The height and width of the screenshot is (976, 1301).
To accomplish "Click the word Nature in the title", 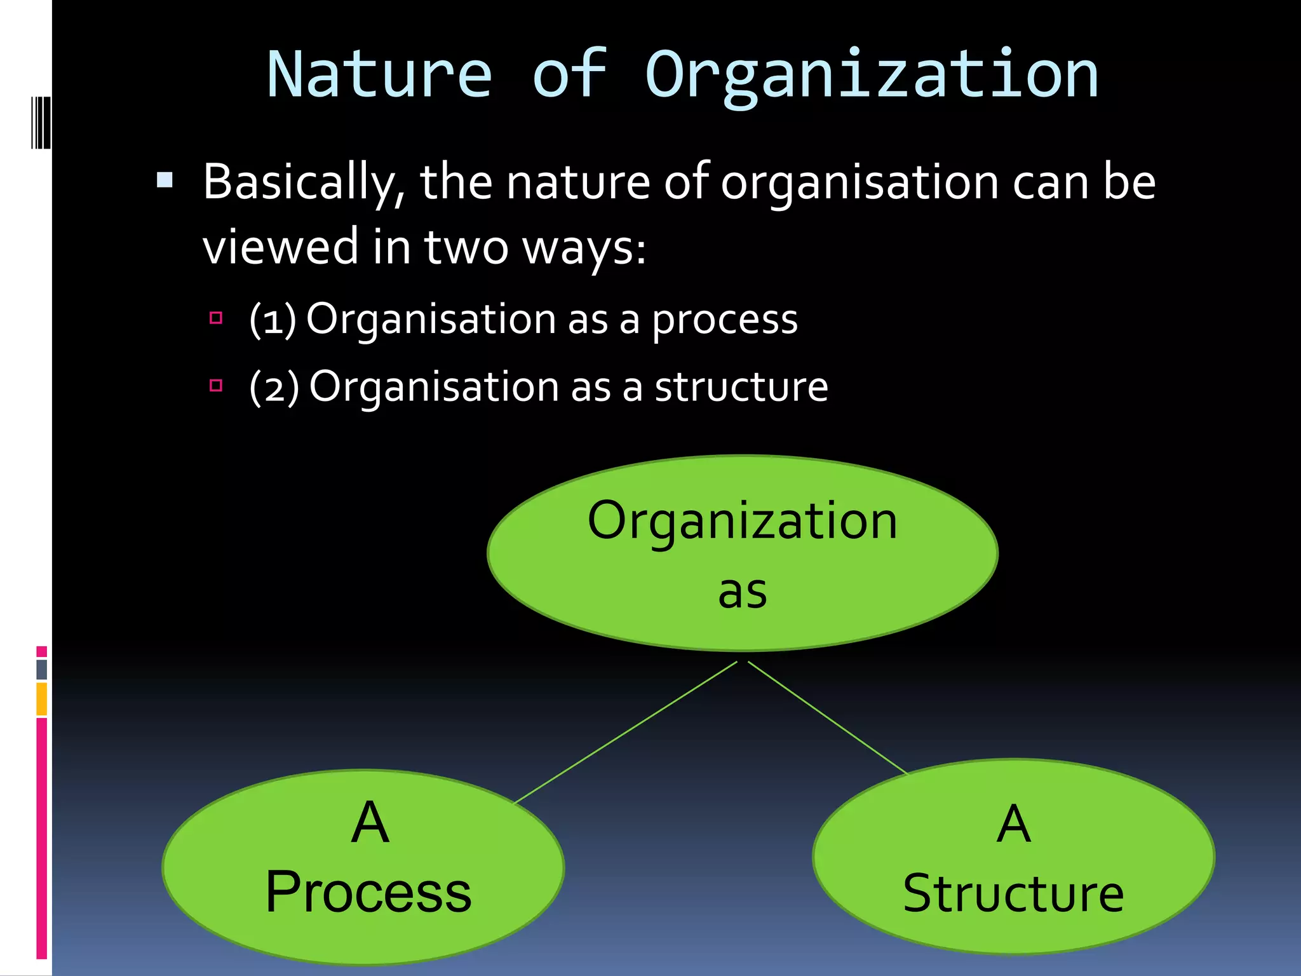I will tap(379, 75).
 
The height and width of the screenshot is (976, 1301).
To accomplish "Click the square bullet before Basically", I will tap(165, 180).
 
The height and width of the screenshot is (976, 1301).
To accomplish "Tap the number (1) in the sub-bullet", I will tap(273, 319).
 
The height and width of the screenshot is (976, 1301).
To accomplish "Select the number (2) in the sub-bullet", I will tap(274, 387).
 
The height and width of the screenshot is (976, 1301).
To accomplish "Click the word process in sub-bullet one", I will tap(725, 320).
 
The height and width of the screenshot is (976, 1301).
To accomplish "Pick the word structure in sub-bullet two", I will tap(741, 387).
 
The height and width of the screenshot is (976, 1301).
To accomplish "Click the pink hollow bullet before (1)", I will tap(216, 318).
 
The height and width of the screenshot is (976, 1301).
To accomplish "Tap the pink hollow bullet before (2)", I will tap(216, 385).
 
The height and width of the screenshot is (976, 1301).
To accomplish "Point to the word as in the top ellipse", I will tap(742, 592).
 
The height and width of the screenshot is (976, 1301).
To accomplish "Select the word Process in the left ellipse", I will tap(368, 893).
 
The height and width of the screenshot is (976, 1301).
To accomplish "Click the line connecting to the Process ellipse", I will tap(626, 733).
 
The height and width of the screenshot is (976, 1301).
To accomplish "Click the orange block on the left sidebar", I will tap(42, 699).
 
